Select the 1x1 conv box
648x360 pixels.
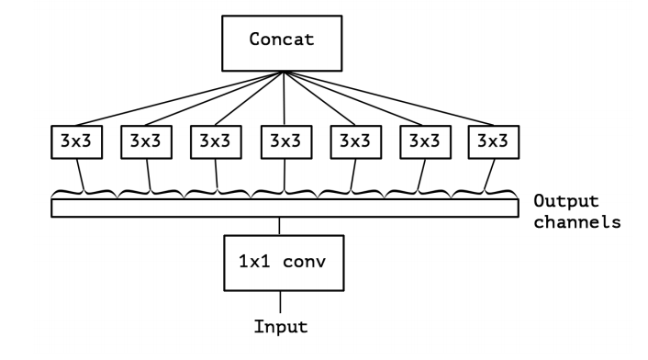pyautogui.click(x=280, y=262)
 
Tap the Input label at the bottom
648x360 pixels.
pyautogui.click(x=280, y=326)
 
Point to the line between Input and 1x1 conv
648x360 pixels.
pyautogui.click(x=280, y=299)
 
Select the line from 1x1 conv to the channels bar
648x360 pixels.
pyautogui.click(x=280, y=226)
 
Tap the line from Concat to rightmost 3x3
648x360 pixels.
pyautogui.click(x=390, y=98)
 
